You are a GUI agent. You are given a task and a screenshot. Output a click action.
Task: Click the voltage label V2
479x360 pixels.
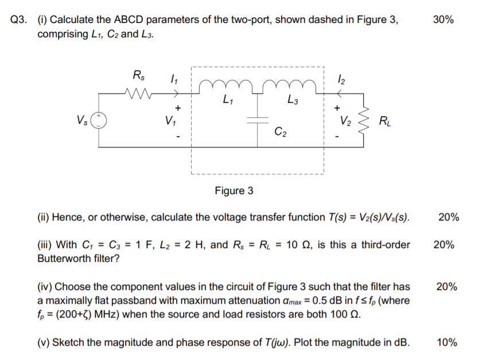345,121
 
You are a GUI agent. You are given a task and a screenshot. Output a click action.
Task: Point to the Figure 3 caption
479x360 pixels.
234,191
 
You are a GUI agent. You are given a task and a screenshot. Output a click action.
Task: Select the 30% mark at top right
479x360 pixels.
443,20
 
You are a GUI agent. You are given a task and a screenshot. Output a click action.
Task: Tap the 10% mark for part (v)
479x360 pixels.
447,343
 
